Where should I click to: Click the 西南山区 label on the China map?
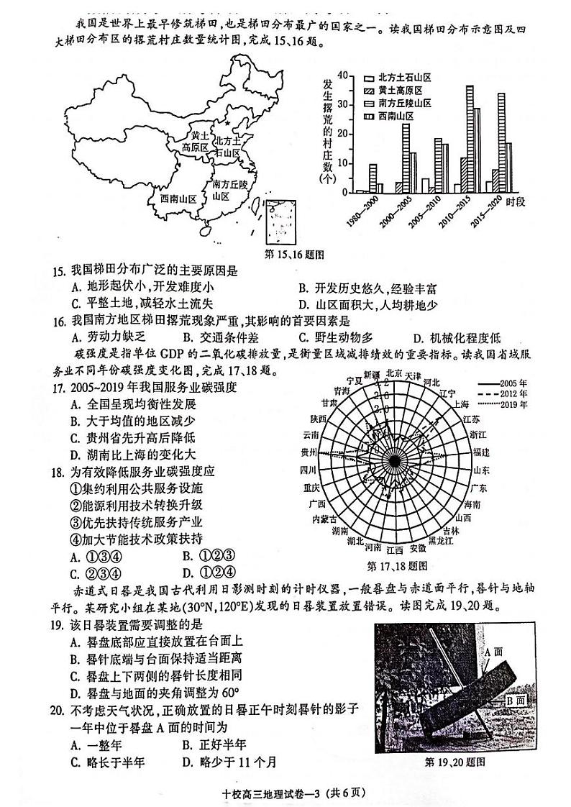[x=178, y=199]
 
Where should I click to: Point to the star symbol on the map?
[x=228, y=123]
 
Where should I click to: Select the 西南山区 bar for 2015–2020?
[x=509, y=168]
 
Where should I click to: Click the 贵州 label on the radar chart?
[x=309, y=452]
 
